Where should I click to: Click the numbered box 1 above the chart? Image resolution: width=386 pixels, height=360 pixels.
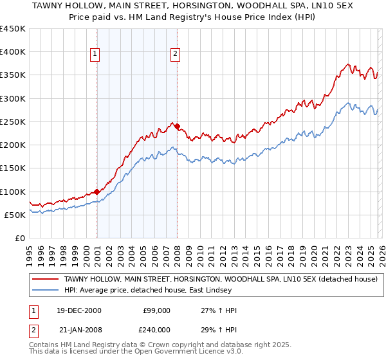tap(95, 55)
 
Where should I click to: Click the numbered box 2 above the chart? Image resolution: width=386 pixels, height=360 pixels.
tap(174, 55)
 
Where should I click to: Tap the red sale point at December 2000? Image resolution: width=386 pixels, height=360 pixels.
tap(96, 192)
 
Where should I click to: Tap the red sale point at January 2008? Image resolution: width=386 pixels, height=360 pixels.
tap(177, 126)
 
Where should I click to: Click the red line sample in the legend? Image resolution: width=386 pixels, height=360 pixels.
tap(46, 278)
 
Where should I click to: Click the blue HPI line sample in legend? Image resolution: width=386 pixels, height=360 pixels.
tap(46, 289)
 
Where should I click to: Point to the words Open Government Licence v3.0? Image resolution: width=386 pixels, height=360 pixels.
tap(158, 352)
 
